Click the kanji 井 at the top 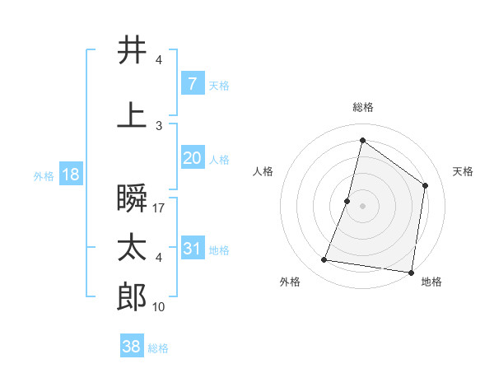[133, 50]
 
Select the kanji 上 [133, 115]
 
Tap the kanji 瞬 [133, 198]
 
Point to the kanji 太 [133, 248]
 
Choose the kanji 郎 [133, 296]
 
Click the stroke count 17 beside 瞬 [159, 208]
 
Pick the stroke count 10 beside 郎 [159, 307]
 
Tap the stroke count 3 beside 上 [159, 126]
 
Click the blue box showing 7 [192, 83]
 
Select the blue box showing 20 [192, 157]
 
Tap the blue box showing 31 [192, 249]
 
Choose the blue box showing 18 [70, 175]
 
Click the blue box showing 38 [132, 347]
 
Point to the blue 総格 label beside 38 [158, 348]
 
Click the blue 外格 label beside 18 [44, 176]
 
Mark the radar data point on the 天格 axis [426, 185]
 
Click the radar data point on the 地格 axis [411, 272]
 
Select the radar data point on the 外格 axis [324, 260]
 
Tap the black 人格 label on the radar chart [263, 171]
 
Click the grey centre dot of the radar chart [362, 206]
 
